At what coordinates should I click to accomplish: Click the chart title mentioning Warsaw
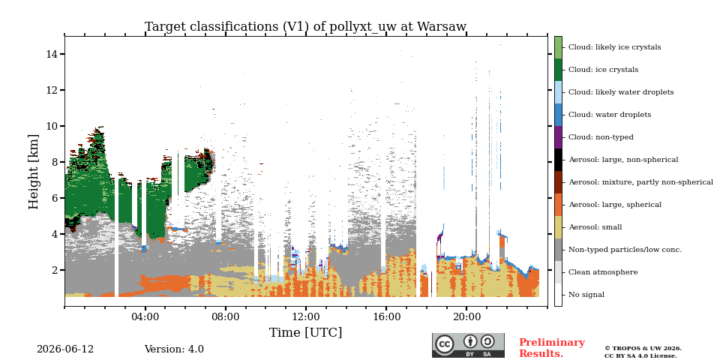[x=305, y=27]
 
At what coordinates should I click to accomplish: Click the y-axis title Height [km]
[x=34, y=172]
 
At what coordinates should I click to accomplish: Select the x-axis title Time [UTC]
[x=305, y=332]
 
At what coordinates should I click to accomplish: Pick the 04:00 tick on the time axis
[x=145, y=316]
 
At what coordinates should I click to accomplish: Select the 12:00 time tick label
[x=306, y=316]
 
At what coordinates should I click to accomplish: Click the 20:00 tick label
[x=466, y=316]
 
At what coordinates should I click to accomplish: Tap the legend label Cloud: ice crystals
[x=603, y=70]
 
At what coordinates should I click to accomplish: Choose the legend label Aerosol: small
[x=595, y=227]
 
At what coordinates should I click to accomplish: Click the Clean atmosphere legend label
[x=603, y=272]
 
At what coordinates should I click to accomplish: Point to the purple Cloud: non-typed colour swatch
[x=558, y=137]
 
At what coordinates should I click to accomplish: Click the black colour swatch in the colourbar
[x=558, y=160]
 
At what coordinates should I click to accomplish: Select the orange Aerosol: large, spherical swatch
[x=558, y=205]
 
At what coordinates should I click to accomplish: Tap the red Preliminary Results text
[x=552, y=348]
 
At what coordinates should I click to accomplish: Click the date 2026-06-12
[x=65, y=349]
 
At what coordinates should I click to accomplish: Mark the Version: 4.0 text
[x=174, y=349]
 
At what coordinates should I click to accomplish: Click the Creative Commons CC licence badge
[x=468, y=345]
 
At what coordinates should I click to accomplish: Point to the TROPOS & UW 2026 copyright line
[x=643, y=349]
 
